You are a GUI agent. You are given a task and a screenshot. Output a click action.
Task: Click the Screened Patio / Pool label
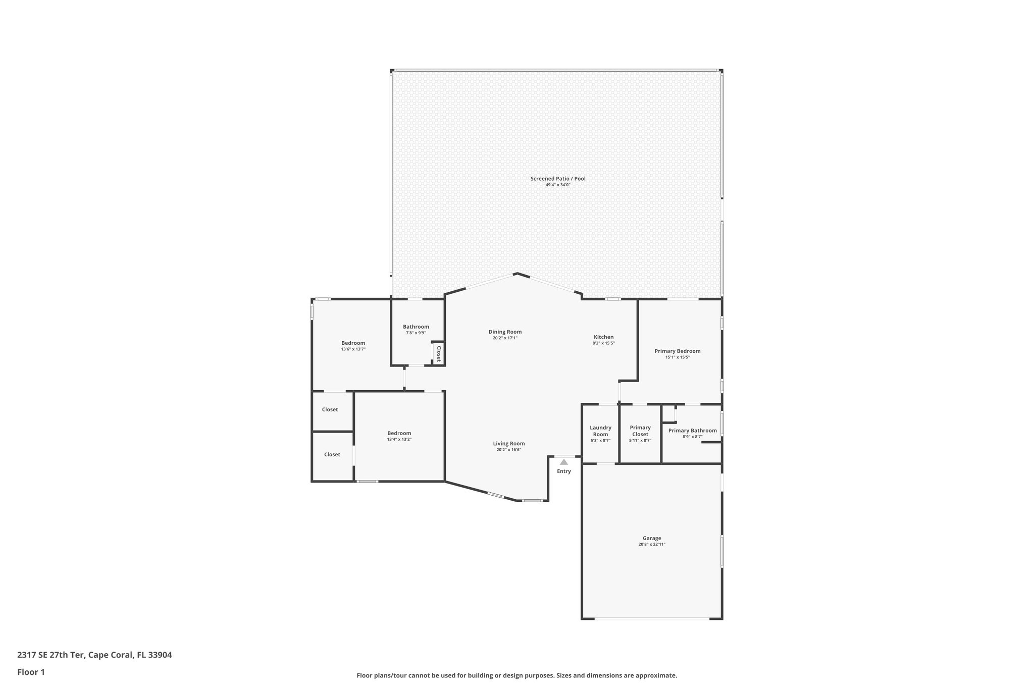click(557, 179)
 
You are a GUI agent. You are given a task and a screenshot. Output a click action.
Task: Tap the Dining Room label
click(505, 332)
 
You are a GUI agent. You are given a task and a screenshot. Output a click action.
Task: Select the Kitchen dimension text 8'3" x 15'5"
click(603, 343)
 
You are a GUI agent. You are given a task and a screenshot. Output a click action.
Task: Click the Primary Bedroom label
click(677, 351)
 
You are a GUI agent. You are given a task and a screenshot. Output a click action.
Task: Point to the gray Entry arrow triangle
click(564, 462)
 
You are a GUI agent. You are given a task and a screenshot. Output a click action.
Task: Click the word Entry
click(564, 471)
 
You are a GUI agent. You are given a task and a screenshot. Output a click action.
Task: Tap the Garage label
click(652, 538)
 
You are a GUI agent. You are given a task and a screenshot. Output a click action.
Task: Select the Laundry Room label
click(600, 431)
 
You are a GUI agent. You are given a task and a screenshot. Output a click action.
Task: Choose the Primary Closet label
click(640, 431)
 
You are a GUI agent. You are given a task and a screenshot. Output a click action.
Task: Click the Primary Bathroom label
click(692, 431)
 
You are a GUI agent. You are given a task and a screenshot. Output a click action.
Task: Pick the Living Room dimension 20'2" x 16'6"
click(509, 450)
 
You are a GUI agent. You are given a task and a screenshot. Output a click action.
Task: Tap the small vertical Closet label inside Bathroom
click(438, 353)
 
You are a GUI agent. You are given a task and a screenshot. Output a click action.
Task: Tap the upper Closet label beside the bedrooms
click(330, 410)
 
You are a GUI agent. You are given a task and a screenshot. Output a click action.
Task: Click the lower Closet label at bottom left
click(332, 455)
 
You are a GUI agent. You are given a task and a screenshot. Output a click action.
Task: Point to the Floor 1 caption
click(31, 672)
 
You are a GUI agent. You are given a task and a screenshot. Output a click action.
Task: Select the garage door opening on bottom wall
click(652, 618)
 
